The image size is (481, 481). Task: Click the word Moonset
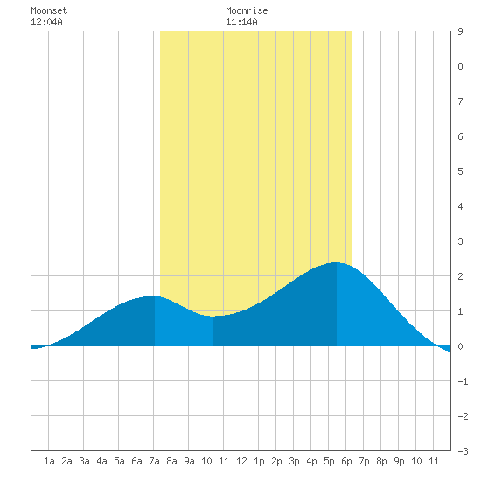49,10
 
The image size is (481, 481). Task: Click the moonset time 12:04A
46,22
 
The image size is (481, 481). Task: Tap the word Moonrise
247,10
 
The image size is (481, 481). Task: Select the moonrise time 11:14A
241,22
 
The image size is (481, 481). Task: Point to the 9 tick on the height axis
460,31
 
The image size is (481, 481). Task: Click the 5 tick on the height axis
460,171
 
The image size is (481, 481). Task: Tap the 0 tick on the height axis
460,346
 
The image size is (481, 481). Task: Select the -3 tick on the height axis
463,451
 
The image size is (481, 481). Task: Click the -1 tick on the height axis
463,381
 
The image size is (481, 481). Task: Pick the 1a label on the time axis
49,461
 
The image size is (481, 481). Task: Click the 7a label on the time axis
154,461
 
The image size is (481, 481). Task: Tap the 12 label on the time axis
241,461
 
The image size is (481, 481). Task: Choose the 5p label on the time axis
329,461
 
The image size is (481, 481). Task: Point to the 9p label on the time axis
399,461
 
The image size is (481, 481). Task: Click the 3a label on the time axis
84,461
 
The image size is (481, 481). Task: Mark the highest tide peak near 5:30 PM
336,262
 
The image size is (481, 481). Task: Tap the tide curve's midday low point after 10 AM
213,317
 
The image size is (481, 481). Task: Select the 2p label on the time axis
276,461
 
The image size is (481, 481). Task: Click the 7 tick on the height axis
460,101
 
